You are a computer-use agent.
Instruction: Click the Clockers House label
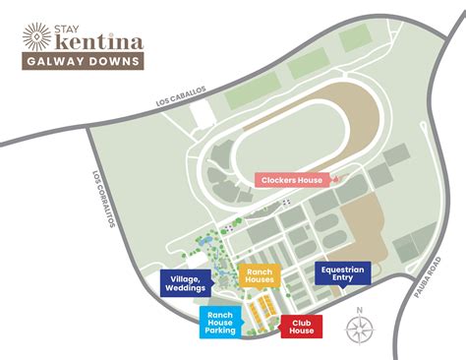pyautogui.click(x=291, y=179)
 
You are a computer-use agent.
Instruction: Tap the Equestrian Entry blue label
pyautogui.click(x=341, y=272)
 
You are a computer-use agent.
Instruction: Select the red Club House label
pyautogui.click(x=302, y=326)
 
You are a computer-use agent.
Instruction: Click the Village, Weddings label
pyautogui.click(x=187, y=284)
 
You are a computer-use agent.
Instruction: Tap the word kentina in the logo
pyautogui.click(x=95, y=42)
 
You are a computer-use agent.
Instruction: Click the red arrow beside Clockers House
pyautogui.click(x=331, y=178)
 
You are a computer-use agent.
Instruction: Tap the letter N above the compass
pyautogui.click(x=359, y=311)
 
